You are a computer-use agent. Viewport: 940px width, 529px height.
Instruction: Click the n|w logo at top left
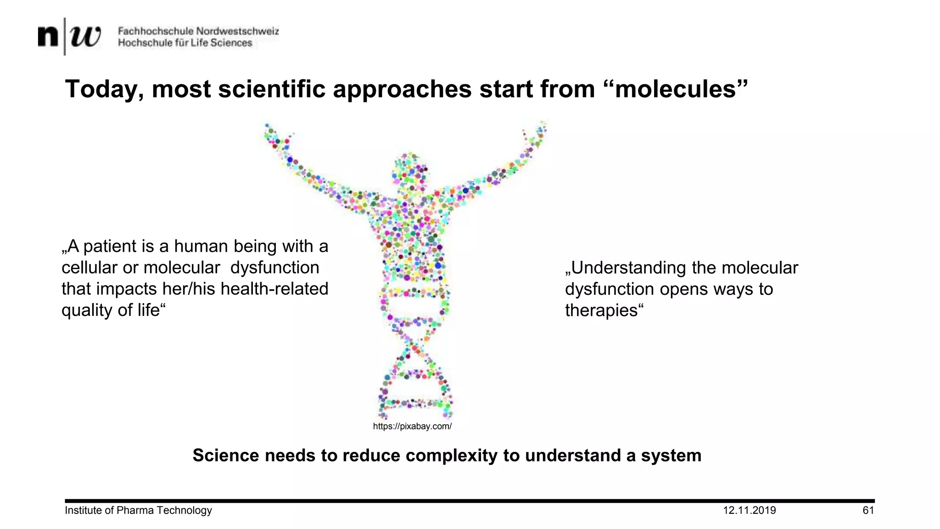coord(69,36)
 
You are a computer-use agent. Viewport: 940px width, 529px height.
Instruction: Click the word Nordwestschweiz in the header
coord(237,31)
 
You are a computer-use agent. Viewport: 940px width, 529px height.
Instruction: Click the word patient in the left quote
coord(110,247)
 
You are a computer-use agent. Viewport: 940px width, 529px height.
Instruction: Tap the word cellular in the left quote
coord(89,268)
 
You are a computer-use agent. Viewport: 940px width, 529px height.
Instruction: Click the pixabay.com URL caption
coord(412,427)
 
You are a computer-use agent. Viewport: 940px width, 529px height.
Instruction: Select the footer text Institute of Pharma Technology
coord(138,511)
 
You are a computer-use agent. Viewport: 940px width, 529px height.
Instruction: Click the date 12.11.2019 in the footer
coord(749,511)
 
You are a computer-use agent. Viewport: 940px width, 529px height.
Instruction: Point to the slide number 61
coord(868,511)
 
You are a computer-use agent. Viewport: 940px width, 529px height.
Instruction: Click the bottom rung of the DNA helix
coord(415,404)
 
